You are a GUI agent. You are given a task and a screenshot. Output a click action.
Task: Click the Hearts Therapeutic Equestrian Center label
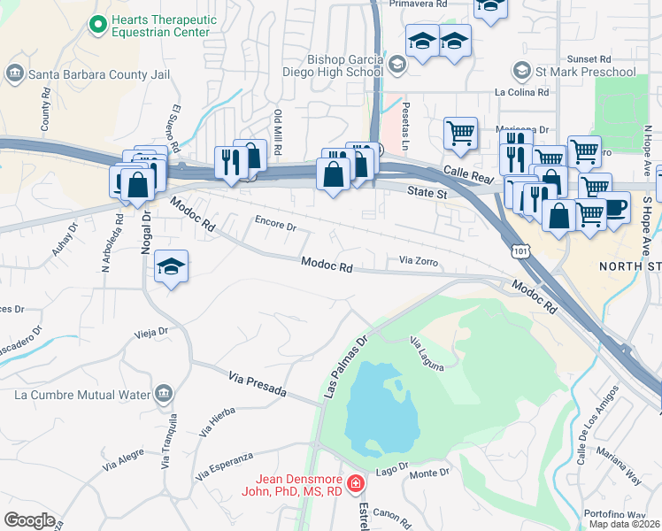point(159,25)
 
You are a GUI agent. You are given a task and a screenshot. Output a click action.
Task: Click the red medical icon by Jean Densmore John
point(355,483)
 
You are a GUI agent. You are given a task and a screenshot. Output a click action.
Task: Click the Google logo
point(28,519)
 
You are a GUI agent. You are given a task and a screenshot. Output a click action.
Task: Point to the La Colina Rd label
point(522,92)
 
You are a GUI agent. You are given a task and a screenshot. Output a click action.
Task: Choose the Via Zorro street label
point(419,261)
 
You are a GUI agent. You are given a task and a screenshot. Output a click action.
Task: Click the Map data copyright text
point(625,524)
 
